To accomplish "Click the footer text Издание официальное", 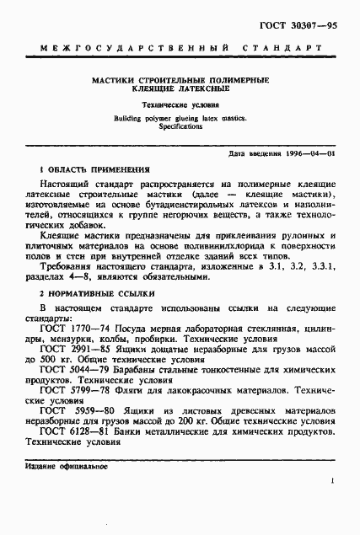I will point(62,466).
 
